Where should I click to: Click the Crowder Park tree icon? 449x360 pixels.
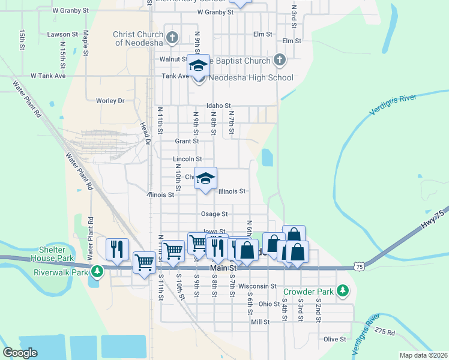342,291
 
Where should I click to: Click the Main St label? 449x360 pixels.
224,268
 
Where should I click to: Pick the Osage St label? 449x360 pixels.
214,214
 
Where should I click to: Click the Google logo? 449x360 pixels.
20,353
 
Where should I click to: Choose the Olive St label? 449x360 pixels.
335,339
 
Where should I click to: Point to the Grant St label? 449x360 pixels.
187,141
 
